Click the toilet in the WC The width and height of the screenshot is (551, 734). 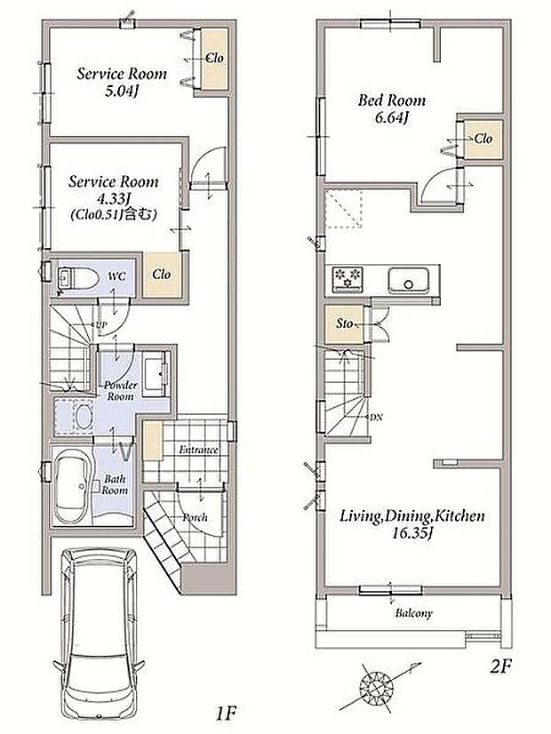77,278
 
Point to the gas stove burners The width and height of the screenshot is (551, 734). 347,279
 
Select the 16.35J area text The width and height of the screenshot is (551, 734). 411,533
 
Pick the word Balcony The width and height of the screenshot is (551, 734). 414,613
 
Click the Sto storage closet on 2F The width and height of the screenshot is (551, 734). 345,324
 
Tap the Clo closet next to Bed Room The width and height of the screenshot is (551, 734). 483,139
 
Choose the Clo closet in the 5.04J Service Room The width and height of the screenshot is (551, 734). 215,59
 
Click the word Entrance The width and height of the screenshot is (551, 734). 198,450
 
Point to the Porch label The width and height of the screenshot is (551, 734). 195,517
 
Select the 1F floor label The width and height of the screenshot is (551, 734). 226,714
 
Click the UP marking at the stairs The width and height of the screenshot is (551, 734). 100,324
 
